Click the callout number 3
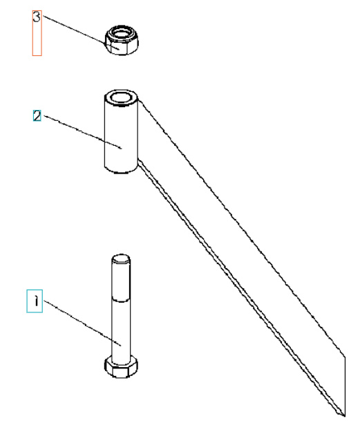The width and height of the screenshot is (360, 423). (37, 17)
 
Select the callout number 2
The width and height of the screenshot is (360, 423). (37, 115)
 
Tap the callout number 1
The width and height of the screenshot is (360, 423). (36, 301)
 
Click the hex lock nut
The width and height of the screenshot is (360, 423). (122, 41)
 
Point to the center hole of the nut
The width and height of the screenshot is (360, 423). (122, 33)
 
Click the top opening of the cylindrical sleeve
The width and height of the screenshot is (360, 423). (122, 97)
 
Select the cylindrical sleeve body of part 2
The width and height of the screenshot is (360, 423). (122, 132)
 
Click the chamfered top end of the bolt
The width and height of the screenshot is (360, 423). (121, 258)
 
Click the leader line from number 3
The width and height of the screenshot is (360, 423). (81, 32)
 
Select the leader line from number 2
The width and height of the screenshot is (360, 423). (82, 132)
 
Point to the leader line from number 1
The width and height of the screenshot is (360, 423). (82, 323)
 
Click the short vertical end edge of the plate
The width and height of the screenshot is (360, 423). (345, 386)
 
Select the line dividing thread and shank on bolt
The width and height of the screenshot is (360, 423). (121, 299)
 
